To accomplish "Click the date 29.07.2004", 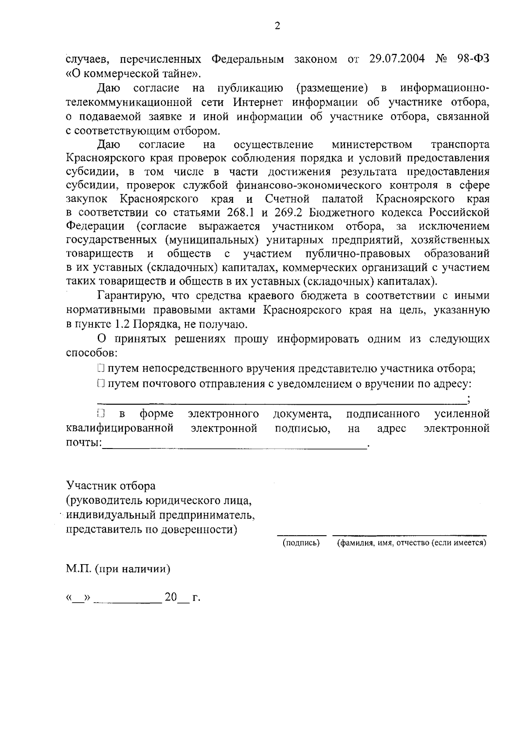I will tap(397, 59).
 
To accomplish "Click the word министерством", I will tap(372, 145).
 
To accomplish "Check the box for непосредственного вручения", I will tap(101, 368).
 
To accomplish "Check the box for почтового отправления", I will tap(101, 384).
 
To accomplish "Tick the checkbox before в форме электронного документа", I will tap(101, 413).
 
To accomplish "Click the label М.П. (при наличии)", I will tap(118, 569).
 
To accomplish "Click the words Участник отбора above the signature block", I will tap(110, 486).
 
